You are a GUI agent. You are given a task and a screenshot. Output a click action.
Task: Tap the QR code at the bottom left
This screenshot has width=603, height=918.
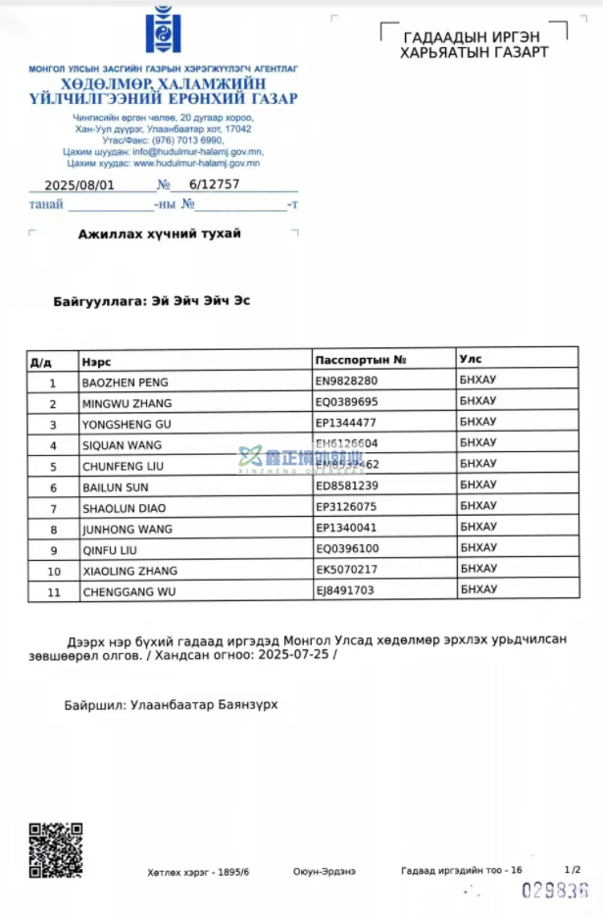(x=55, y=848)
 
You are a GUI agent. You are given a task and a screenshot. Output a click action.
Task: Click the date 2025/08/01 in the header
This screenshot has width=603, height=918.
(x=80, y=184)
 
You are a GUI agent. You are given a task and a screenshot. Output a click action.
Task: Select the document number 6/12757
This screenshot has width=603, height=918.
(x=214, y=184)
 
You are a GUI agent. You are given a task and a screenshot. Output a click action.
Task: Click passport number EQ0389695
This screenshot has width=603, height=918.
(x=346, y=402)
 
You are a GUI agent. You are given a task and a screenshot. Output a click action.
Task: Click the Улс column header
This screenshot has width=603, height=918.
(x=471, y=359)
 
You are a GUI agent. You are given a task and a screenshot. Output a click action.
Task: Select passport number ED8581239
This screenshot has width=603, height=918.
(x=346, y=485)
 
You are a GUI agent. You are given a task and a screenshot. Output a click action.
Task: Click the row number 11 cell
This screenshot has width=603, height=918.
(x=53, y=591)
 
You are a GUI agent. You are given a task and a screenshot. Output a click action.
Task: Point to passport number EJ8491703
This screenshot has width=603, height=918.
(x=345, y=590)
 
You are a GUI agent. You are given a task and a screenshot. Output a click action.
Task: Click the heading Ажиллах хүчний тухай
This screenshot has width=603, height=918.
(x=159, y=234)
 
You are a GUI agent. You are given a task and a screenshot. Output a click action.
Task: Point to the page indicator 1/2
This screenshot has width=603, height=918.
(x=573, y=869)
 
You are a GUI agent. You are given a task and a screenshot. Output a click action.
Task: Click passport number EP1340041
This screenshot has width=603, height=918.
(x=346, y=529)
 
